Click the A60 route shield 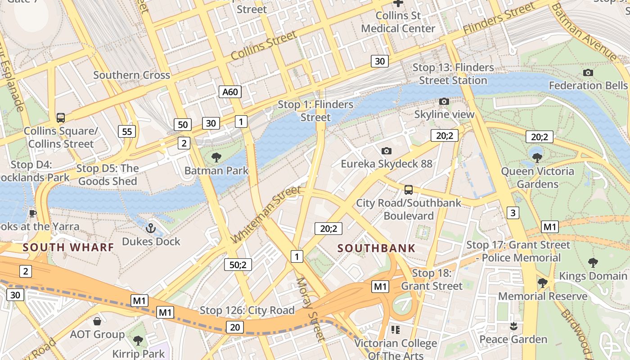[x=230, y=92]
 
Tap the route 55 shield [x=127, y=131]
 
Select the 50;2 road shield [x=238, y=265]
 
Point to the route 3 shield [x=513, y=212]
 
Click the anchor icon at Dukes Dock [x=151, y=229]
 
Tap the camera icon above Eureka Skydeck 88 [x=386, y=151]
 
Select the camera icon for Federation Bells [x=588, y=72]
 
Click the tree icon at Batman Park [x=216, y=157]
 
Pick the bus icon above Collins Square [x=60, y=118]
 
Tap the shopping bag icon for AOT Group [x=97, y=321]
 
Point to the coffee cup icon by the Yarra [x=32, y=213]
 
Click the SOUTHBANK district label [x=376, y=248]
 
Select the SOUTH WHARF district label [x=68, y=247]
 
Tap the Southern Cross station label [x=131, y=75]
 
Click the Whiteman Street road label [x=265, y=214]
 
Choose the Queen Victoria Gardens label [x=537, y=177]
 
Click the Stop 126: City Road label [x=247, y=310]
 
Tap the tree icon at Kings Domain [x=593, y=262]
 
